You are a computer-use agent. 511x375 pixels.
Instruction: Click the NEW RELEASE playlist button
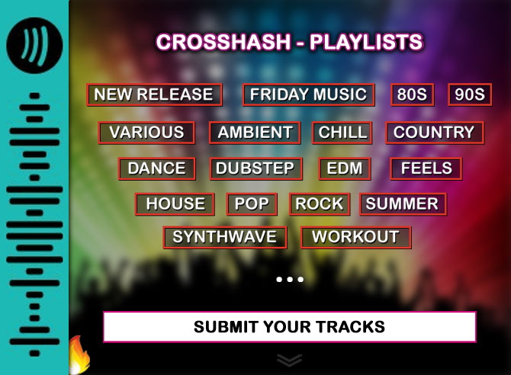point(155,95)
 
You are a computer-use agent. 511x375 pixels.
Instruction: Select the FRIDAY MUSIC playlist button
point(308,95)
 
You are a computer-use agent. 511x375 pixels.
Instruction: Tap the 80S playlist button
point(413,95)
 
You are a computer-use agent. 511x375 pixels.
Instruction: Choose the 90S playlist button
point(470,95)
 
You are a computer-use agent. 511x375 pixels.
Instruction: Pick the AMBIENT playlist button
point(255,133)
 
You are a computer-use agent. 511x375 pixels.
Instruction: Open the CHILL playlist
point(342,133)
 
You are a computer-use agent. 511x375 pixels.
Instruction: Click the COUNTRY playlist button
point(435,133)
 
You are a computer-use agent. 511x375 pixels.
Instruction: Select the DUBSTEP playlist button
point(256,168)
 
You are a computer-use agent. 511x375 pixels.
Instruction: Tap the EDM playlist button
point(345,168)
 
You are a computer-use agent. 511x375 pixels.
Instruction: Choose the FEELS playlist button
point(426,168)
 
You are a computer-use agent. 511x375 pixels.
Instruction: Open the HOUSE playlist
point(175,204)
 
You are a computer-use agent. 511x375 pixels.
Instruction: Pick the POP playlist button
point(252,204)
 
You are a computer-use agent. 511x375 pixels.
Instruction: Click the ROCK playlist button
point(320,204)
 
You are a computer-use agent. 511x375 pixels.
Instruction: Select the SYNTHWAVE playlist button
point(225,237)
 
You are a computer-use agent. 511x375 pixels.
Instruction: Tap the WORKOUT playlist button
point(356,237)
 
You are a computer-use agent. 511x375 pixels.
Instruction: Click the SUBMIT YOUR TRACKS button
point(289,327)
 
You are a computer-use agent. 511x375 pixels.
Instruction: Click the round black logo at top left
point(34,45)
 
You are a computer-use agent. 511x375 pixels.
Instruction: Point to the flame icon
point(79,355)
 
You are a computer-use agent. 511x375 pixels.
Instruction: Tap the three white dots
point(290,279)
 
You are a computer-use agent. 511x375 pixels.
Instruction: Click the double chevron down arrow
point(289,360)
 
